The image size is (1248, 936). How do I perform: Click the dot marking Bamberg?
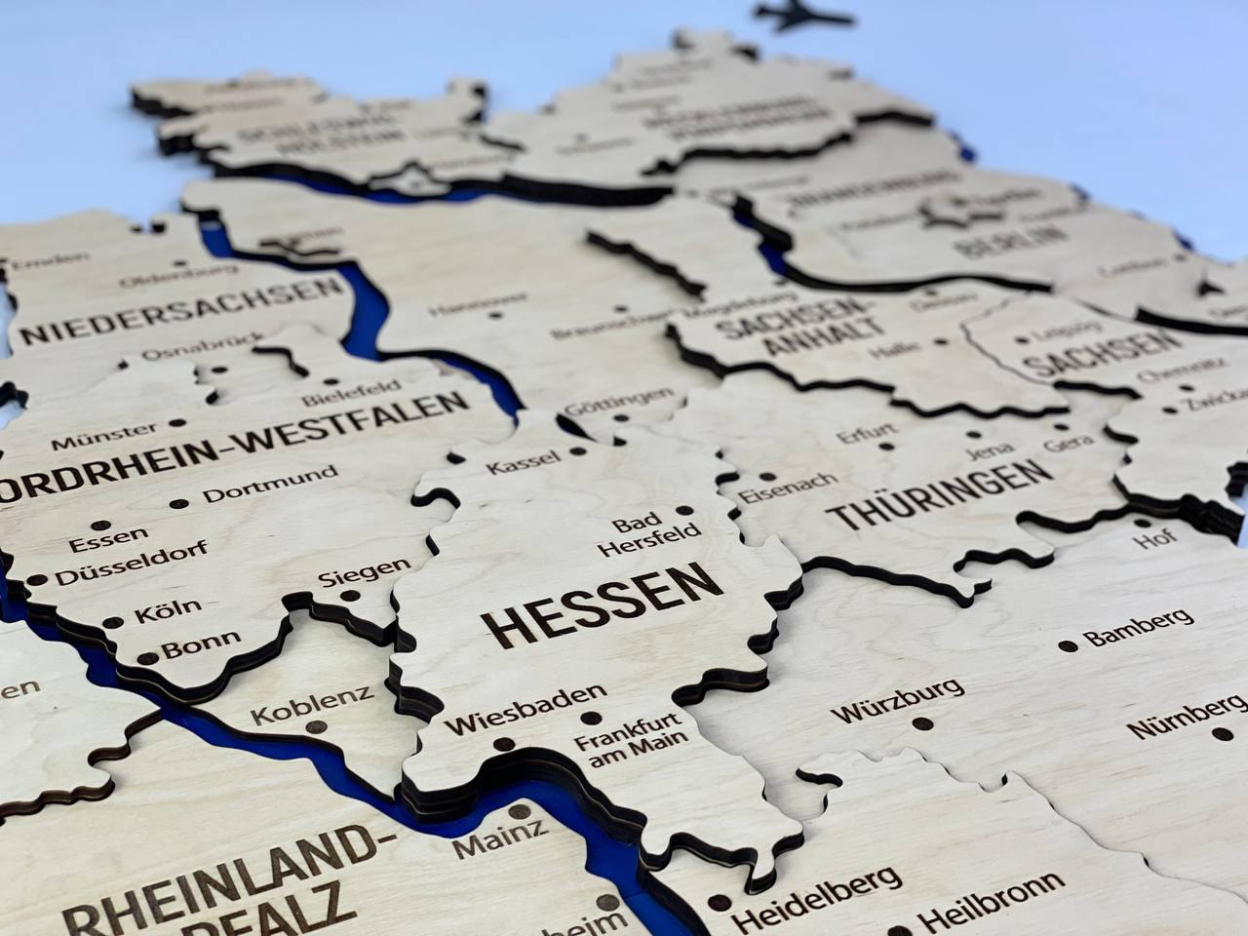click(x=1069, y=645)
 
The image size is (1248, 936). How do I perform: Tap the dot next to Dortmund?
click(x=179, y=504)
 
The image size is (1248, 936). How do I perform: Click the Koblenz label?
click(x=311, y=705)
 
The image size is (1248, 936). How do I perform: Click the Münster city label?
click(x=104, y=436)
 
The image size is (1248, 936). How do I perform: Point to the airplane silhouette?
click(x=803, y=17)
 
